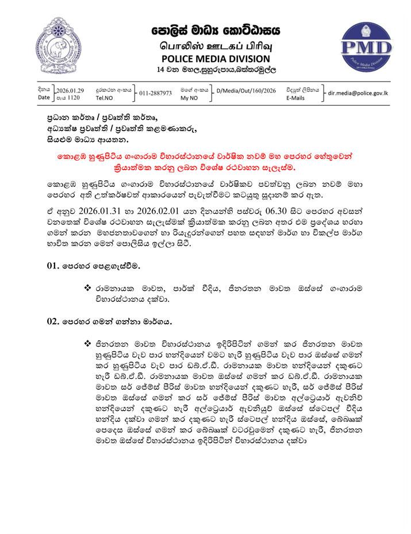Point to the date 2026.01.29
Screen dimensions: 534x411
71,90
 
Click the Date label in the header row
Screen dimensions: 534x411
44,98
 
